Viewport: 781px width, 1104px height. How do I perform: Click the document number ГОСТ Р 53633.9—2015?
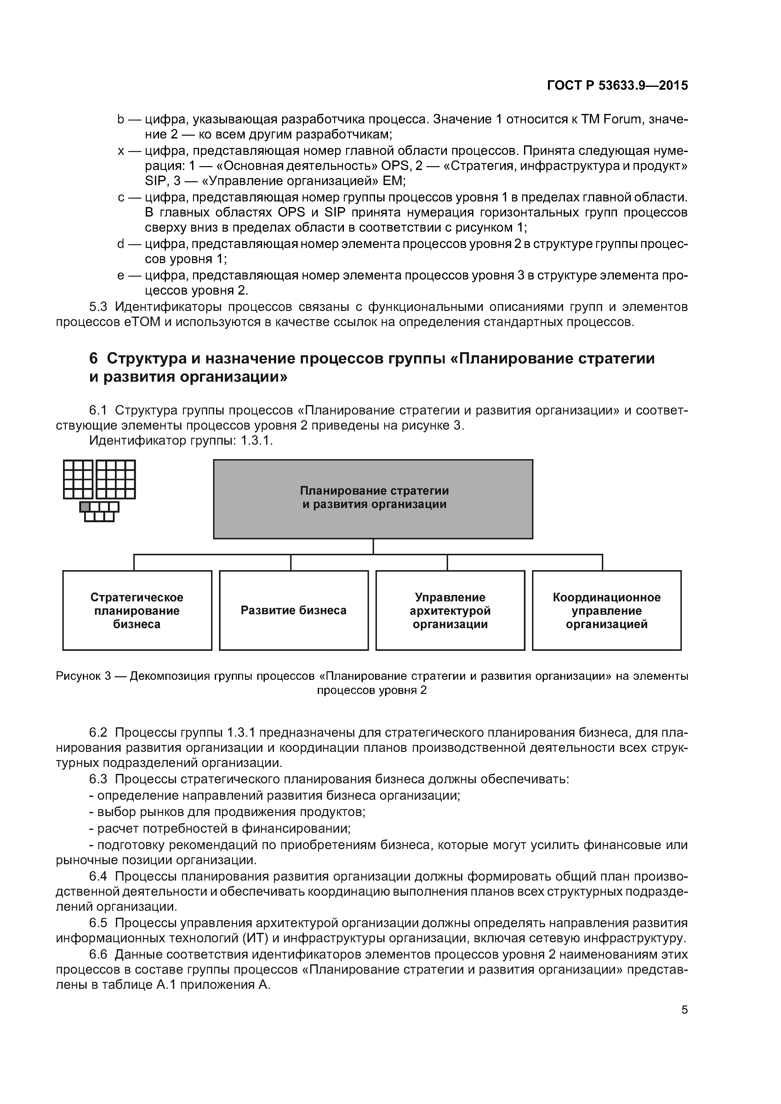coord(617,86)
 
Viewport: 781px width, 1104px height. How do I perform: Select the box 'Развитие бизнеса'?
coord(294,610)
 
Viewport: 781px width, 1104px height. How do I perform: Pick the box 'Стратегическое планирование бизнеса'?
coord(137,610)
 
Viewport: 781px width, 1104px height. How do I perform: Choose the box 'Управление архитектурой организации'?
coord(450,610)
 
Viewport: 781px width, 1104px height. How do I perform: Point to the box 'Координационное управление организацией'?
coord(606,610)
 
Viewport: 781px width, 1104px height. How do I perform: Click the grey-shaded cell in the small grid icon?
coord(85,506)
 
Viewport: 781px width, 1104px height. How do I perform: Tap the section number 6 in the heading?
coord(93,358)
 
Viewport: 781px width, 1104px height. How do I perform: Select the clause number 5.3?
coord(100,307)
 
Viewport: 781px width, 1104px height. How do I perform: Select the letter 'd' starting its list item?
coord(121,244)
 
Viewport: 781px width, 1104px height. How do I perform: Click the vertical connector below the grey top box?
coord(373,546)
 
